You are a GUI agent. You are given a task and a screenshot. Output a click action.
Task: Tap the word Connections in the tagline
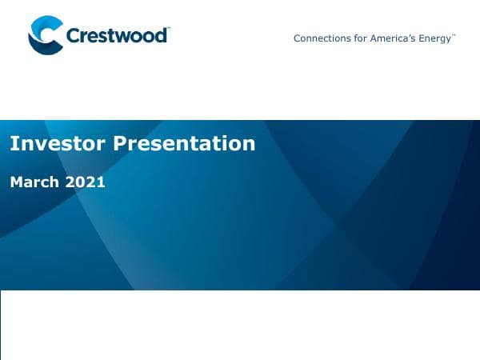(x=322, y=38)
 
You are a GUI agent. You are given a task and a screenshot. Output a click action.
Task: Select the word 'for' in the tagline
(x=361, y=38)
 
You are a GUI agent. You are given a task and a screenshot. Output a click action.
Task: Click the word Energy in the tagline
(x=435, y=38)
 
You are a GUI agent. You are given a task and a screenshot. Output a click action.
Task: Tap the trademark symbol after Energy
(x=454, y=35)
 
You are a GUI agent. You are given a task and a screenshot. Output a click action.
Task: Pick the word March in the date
(x=34, y=182)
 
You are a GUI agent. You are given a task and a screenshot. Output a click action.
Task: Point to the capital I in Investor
(x=13, y=143)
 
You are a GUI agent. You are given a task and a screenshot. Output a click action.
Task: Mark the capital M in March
(x=16, y=182)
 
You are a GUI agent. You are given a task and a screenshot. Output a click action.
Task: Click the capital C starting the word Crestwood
(x=72, y=36)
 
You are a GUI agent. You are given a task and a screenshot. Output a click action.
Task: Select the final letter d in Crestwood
(x=162, y=36)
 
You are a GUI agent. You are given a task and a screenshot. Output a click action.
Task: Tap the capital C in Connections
(x=298, y=38)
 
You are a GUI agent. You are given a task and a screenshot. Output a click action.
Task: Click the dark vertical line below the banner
(x=1, y=324)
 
